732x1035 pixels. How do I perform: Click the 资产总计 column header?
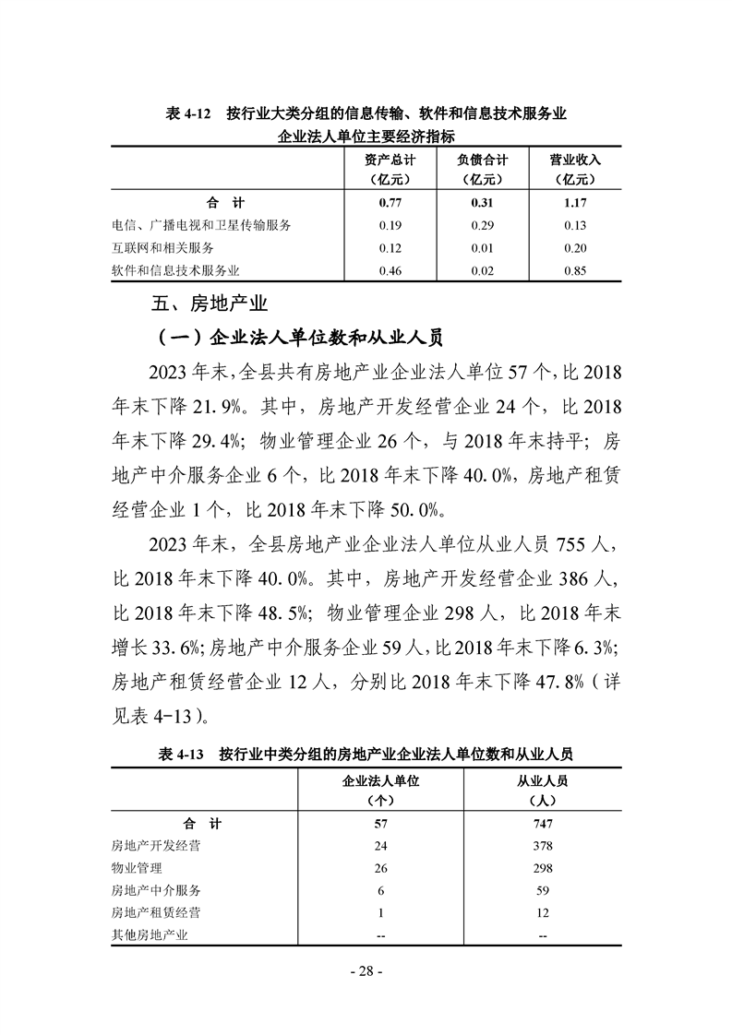387,169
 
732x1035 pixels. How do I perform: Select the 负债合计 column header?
482,169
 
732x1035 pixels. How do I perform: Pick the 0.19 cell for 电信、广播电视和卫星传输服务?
387,226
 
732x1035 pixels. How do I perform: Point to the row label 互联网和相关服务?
162,248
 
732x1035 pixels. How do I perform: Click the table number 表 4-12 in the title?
188,113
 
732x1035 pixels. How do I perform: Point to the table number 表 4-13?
180,755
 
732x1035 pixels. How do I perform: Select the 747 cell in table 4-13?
542,824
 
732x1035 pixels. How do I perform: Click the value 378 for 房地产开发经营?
542,846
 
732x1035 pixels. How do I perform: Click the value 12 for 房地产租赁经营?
542,913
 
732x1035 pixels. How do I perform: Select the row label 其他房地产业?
149,936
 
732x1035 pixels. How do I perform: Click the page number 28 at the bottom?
366,971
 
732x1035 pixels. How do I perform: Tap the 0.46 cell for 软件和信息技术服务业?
387,271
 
